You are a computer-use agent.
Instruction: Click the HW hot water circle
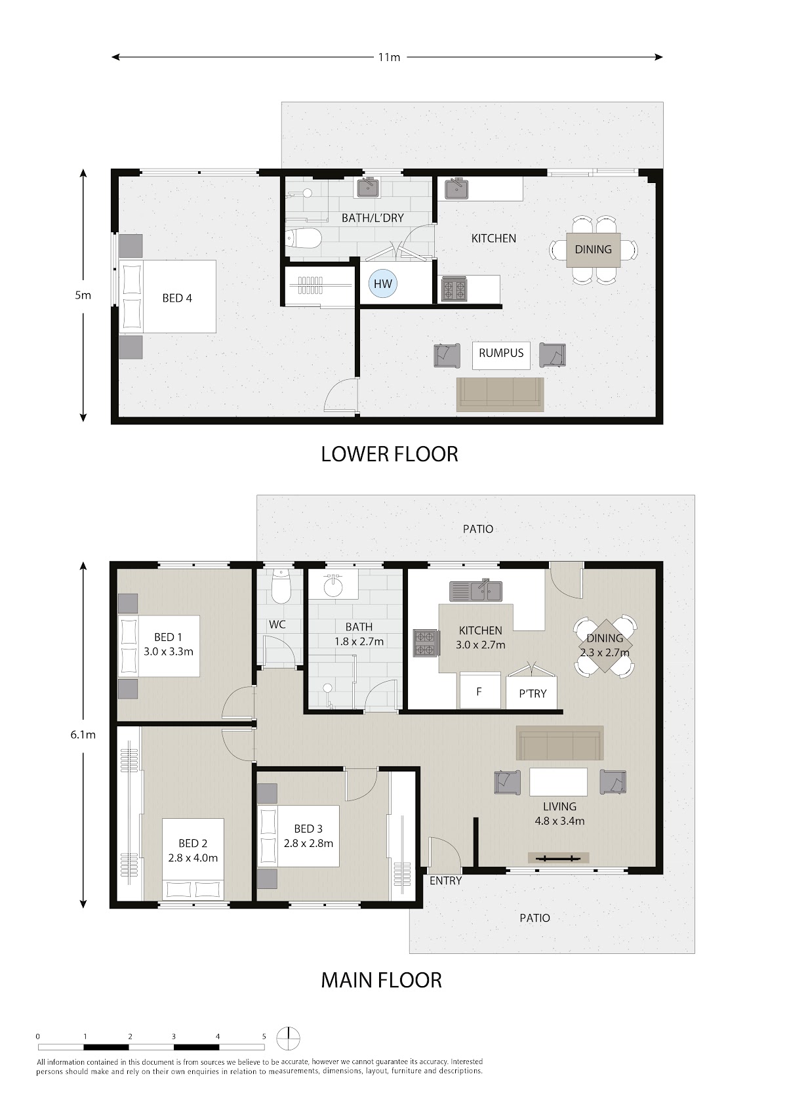(x=383, y=284)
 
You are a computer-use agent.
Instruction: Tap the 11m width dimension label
(x=389, y=57)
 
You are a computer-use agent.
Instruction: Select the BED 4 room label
(x=177, y=298)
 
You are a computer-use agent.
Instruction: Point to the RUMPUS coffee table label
(x=501, y=353)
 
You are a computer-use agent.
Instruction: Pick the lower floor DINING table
(x=593, y=250)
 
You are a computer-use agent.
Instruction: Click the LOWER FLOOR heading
(x=390, y=454)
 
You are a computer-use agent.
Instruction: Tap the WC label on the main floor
(x=277, y=625)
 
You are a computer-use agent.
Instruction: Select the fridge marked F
(x=480, y=690)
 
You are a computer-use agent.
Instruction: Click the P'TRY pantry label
(x=533, y=693)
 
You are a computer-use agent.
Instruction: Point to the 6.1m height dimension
(x=83, y=734)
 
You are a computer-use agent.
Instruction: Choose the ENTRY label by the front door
(x=445, y=880)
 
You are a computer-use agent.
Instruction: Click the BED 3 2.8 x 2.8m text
(x=308, y=836)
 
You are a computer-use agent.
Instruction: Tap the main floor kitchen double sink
(x=475, y=591)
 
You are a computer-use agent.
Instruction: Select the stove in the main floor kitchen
(x=426, y=644)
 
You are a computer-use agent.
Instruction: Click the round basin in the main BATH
(x=333, y=587)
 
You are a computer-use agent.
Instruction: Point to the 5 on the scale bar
(x=264, y=1037)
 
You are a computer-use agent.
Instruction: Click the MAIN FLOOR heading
(x=381, y=980)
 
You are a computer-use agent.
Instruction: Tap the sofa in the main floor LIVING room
(x=560, y=743)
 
